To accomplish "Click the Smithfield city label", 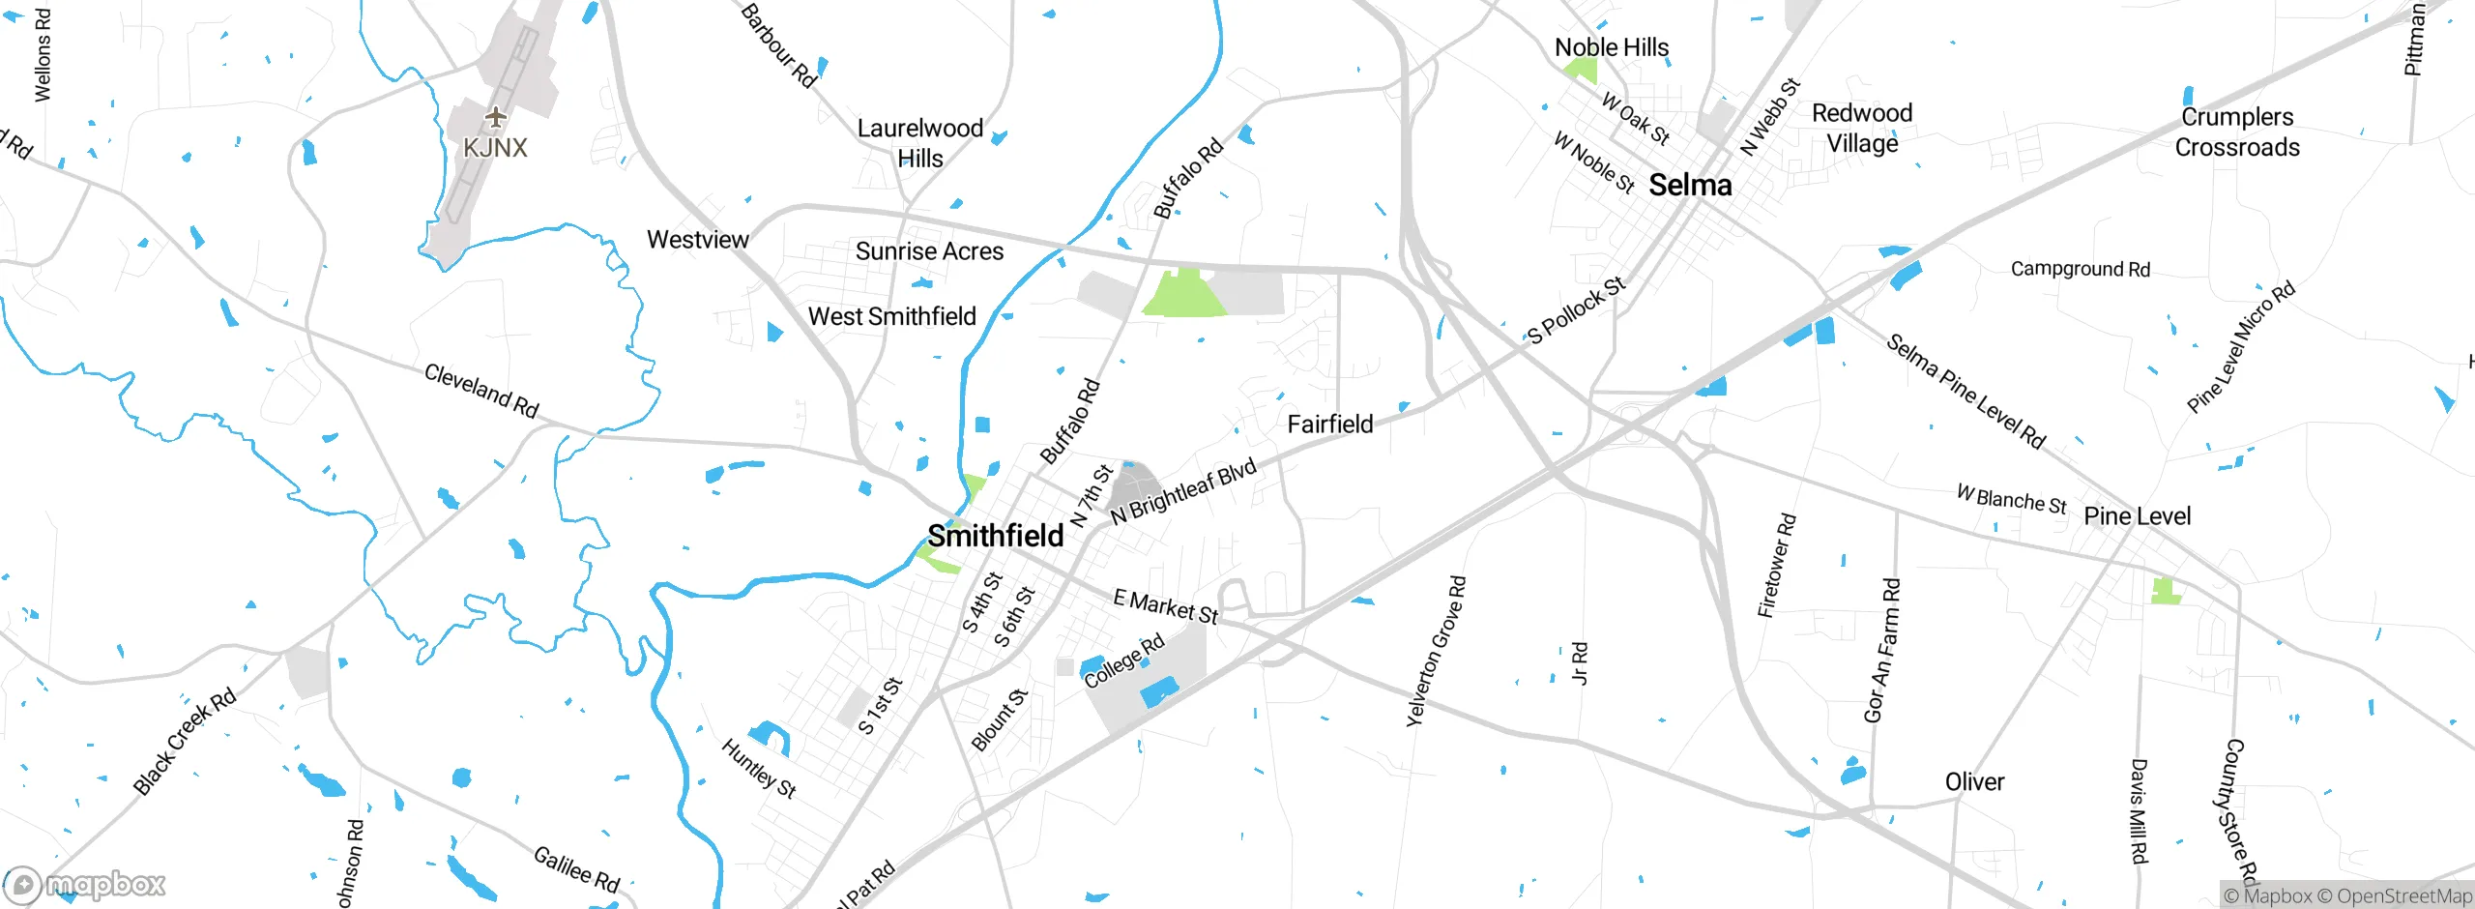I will pos(996,536).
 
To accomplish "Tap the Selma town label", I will pos(1690,185).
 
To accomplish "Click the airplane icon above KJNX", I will pos(496,118).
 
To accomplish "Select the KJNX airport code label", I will pos(495,148).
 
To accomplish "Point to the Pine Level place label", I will pos(2137,516).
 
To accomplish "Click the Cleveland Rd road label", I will pos(481,391).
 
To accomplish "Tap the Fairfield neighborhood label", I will pos(1329,425).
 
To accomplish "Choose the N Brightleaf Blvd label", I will pos(1183,491).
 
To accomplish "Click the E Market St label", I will pos(1165,606).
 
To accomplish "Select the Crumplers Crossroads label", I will pos(2237,132).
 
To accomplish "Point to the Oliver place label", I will pos(1974,781).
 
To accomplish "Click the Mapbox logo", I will pos(85,884).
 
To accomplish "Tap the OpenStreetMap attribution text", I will pos(2403,896).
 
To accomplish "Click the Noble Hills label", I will pos(1612,47).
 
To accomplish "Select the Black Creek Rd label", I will pos(185,742).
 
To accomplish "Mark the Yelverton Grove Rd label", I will pos(1436,651).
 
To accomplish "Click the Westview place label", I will pos(697,240).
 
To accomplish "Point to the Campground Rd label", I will pos(2081,269).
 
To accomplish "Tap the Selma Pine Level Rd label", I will pos(1966,392).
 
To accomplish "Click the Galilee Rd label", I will pos(576,868).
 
